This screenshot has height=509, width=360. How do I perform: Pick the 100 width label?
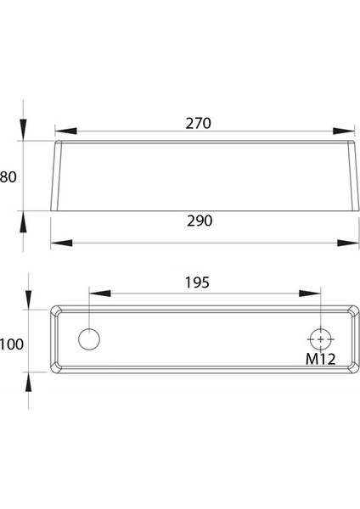(x=12, y=344)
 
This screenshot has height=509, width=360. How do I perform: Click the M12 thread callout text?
(x=321, y=359)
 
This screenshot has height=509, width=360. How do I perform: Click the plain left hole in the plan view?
(x=89, y=338)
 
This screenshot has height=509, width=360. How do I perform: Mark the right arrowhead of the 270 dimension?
(x=343, y=131)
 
